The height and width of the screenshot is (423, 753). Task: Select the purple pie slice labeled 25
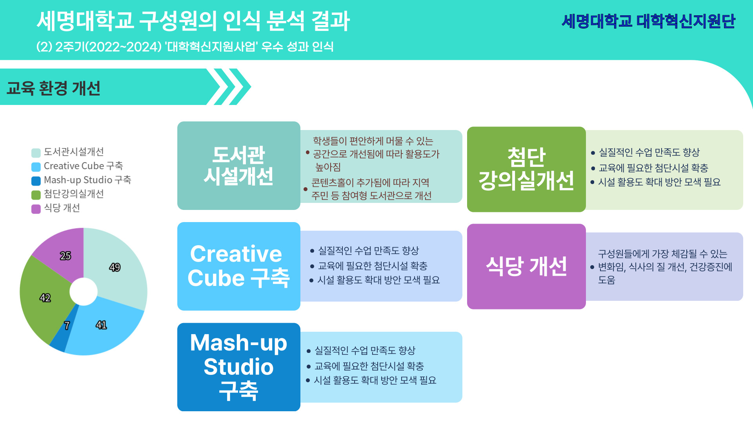pyautogui.click(x=63, y=255)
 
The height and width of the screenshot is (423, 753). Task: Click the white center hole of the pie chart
pyautogui.click(x=84, y=291)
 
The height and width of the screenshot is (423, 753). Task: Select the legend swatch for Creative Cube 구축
pyautogui.click(x=36, y=167)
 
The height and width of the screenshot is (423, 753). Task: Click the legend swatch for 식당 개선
pyautogui.click(x=36, y=209)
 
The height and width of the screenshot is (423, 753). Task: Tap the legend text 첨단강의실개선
pyautogui.click(x=74, y=194)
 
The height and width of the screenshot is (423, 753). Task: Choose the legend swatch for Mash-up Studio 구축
pyautogui.click(x=36, y=181)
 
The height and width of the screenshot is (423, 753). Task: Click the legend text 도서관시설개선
pyautogui.click(x=74, y=152)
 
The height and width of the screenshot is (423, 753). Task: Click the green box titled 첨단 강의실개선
pyautogui.click(x=526, y=169)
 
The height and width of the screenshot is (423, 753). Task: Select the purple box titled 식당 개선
pyautogui.click(x=526, y=266)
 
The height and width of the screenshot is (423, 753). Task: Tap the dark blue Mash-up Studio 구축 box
pyautogui.click(x=239, y=367)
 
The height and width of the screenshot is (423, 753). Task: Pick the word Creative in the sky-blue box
pyautogui.click(x=236, y=254)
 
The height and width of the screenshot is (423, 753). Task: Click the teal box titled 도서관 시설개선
pyautogui.click(x=239, y=166)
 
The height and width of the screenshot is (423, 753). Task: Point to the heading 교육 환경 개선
pyautogui.click(x=54, y=88)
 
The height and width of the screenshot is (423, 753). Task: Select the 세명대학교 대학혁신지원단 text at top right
pyautogui.click(x=649, y=21)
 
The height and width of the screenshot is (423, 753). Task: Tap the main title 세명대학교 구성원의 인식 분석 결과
pyautogui.click(x=193, y=21)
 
